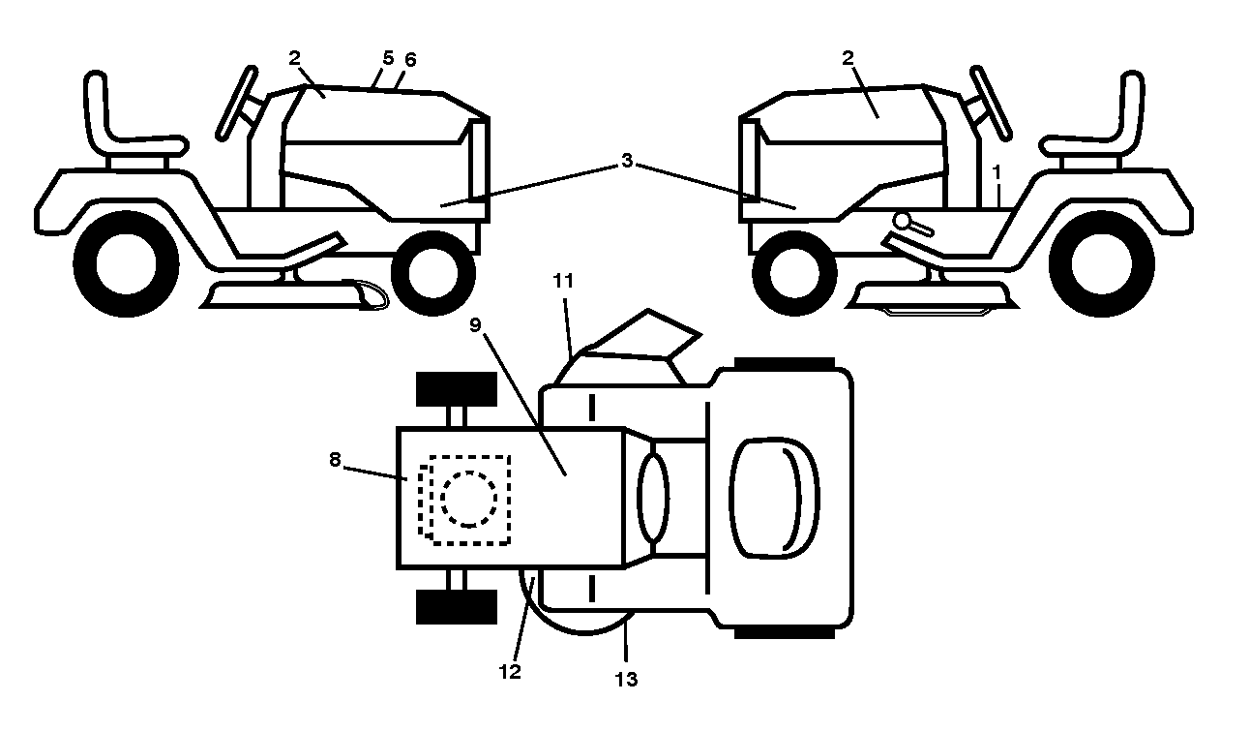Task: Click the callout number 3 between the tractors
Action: point(627,161)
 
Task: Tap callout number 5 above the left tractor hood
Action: point(388,57)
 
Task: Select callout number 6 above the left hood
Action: point(410,60)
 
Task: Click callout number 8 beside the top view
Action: point(335,460)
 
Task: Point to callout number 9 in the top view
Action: point(475,325)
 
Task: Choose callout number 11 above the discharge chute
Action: point(563,281)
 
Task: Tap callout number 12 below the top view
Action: point(510,672)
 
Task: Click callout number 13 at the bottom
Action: point(626,680)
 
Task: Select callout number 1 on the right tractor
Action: point(997,172)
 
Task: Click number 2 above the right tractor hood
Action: point(848,57)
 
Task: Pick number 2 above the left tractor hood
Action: point(295,57)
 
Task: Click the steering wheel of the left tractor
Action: point(237,103)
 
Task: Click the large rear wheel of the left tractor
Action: point(127,264)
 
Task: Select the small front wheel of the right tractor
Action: point(794,273)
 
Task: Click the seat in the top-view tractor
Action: point(775,498)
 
